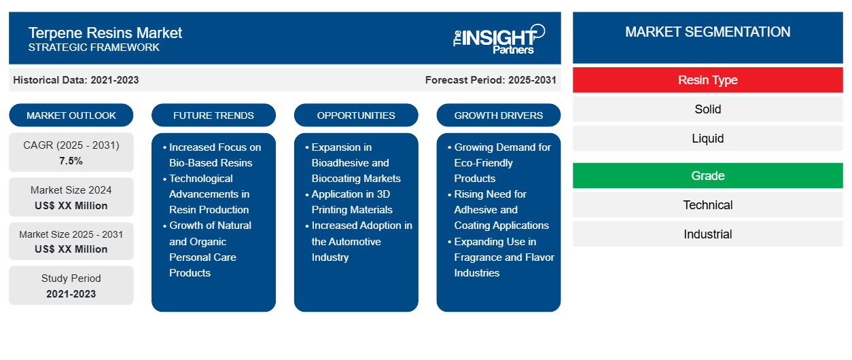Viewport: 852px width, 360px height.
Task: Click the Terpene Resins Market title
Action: tap(105, 33)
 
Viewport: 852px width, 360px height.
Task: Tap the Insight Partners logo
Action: tap(499, 39)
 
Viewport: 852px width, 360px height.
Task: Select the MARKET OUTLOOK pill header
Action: tap(71, 115)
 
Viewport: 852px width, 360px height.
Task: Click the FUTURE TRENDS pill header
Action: tap(213, 115)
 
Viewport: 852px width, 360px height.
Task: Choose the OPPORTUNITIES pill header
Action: tap(356, 115)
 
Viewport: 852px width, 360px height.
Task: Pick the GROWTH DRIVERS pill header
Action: tap(499, 115)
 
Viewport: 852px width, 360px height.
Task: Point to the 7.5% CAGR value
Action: tap(71, 161)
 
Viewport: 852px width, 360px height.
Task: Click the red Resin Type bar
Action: tap(707, 80)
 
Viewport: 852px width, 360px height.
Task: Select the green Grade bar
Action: tap(707, 176)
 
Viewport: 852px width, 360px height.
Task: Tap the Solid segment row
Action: tap(707, 109)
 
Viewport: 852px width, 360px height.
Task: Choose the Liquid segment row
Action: tap(707, 139)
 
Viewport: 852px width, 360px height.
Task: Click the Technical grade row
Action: tap(707, 205)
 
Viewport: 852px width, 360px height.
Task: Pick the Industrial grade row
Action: tap(707, 234)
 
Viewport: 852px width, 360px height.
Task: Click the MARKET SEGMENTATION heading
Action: tap(707, 32)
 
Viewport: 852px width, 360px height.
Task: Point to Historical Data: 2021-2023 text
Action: tap(76, 80)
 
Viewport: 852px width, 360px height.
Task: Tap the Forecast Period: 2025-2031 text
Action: tap(491, 80)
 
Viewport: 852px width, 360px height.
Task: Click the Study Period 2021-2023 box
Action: tap(71, 286)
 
